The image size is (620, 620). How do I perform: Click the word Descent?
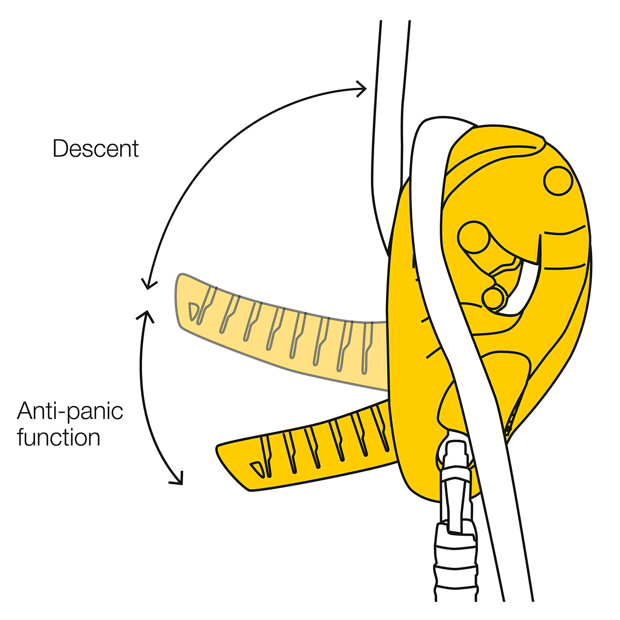coord(96,149)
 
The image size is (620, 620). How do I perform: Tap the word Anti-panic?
coord(70,412)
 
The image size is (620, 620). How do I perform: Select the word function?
coord(58,437)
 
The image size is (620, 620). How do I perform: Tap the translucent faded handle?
coord(284,331)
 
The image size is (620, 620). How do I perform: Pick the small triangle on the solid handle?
coord(256,468)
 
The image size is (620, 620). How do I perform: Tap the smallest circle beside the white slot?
coord(493,298)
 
